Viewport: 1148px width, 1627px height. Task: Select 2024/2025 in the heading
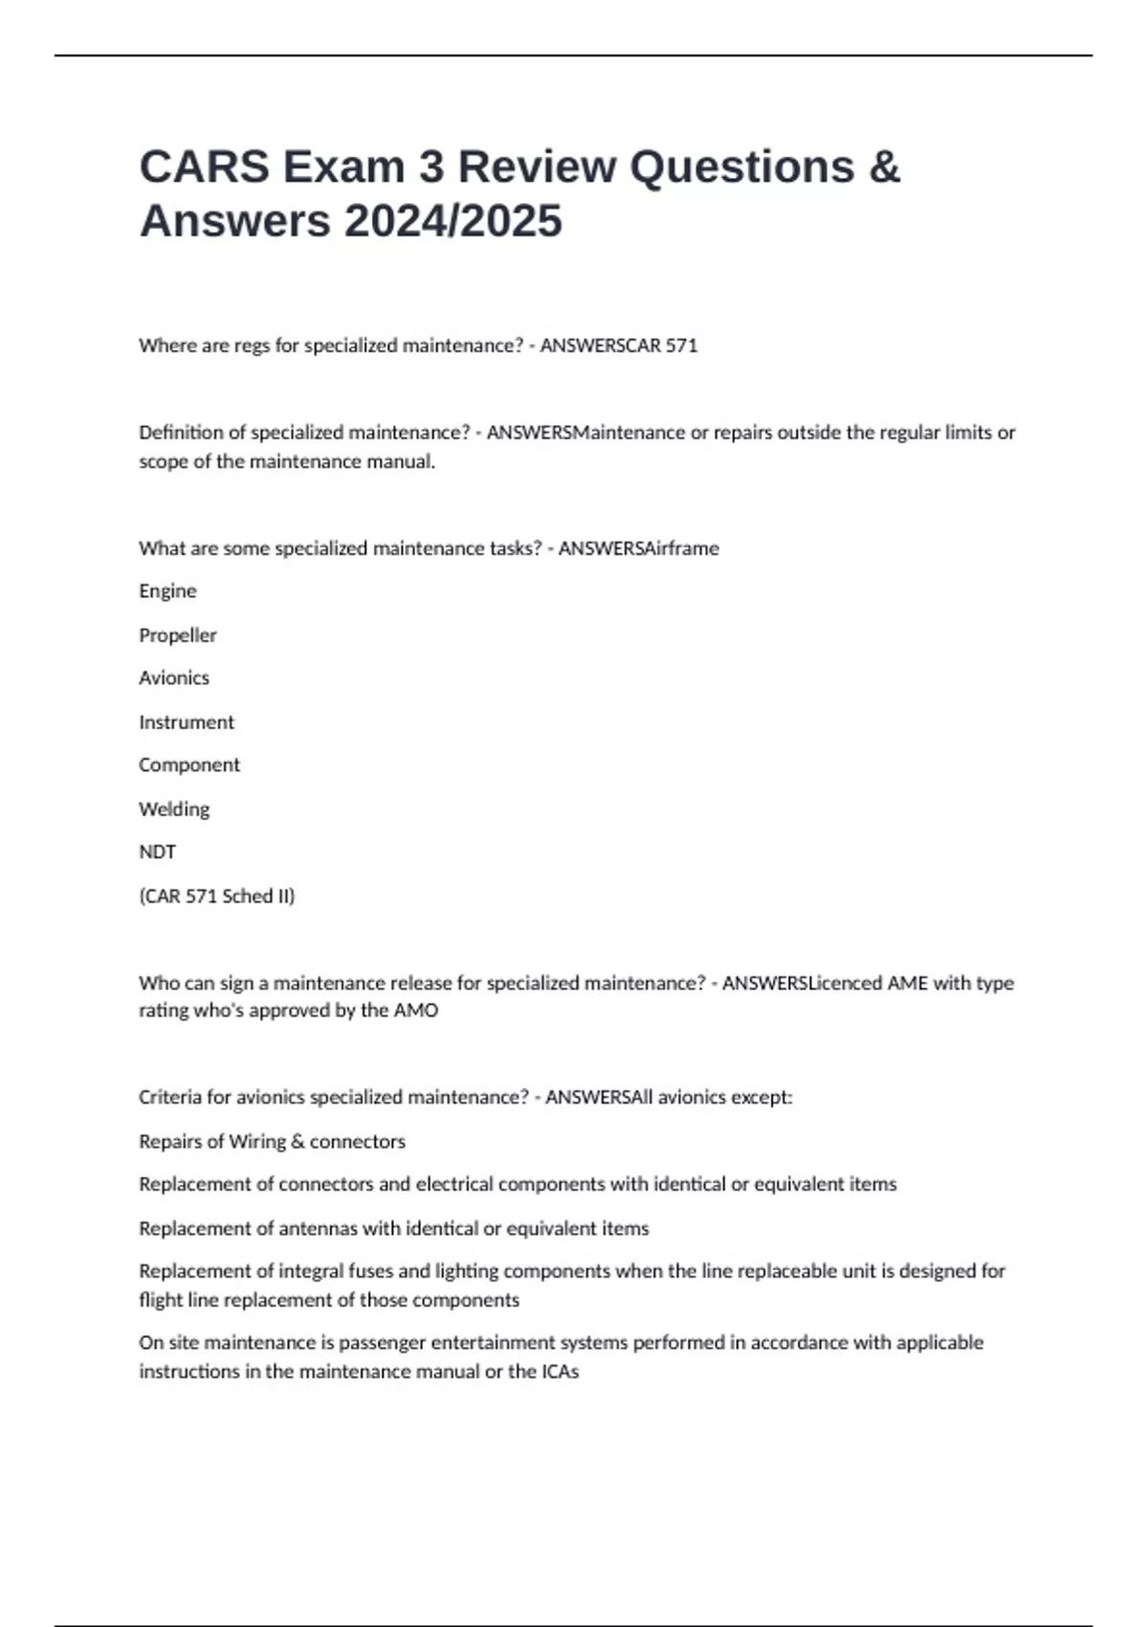click(453, 221)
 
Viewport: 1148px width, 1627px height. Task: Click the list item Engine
click(167, 591)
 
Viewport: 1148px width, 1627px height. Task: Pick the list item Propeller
click(178, 635)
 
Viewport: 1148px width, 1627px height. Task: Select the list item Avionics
click(174, 678)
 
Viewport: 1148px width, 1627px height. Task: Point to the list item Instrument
click(187, 723)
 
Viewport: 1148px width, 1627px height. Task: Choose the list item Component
click(189, 765)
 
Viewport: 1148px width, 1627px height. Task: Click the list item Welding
click(174, 809)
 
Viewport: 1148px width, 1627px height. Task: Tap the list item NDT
click(158, 852)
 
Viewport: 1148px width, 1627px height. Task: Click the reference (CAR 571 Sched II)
click(217, 896)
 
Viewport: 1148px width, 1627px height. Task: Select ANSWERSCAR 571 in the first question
click(619, 345)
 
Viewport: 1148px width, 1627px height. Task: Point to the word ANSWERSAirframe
click(638, 548)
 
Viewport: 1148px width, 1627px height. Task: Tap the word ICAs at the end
click(560, 1371)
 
